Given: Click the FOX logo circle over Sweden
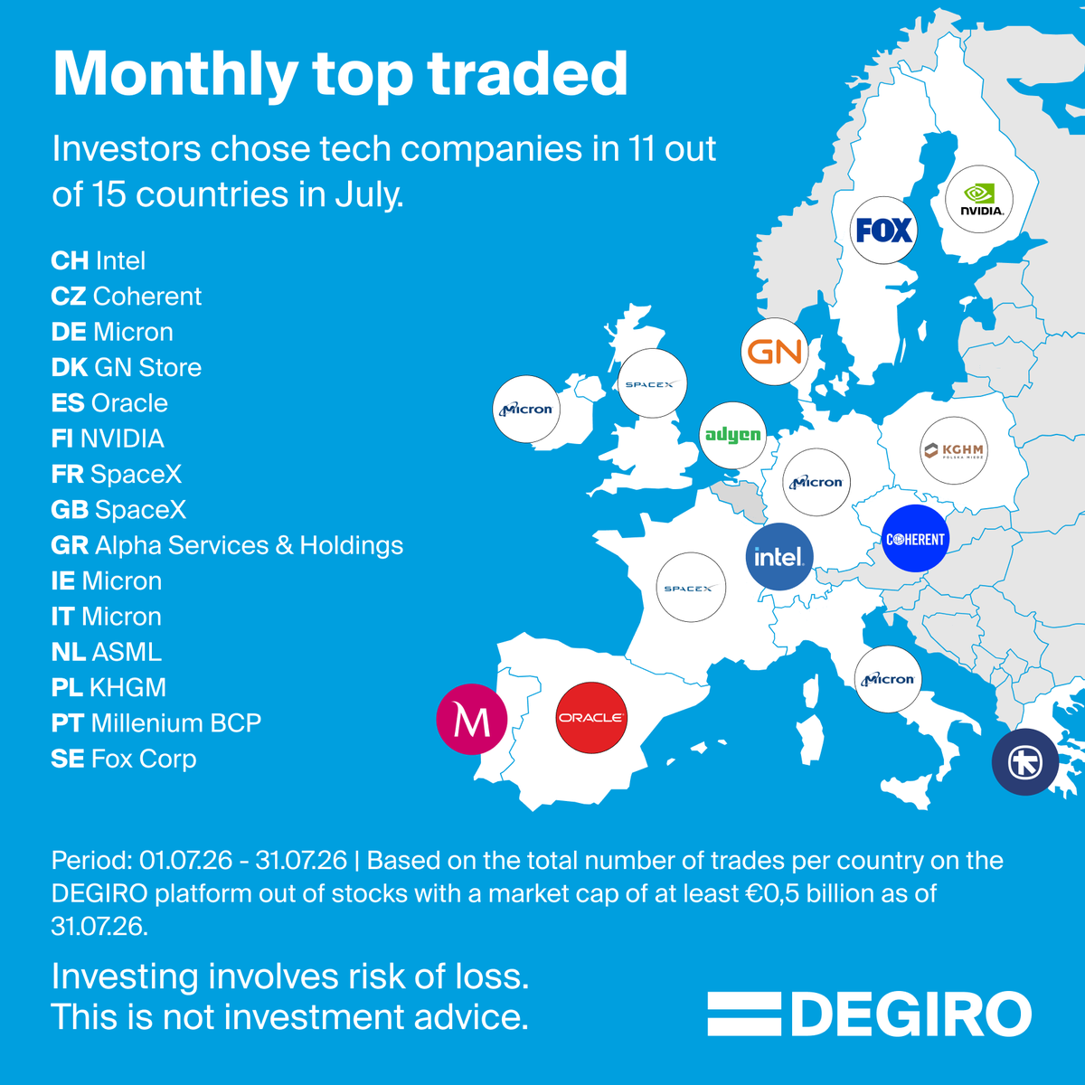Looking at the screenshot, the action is coord(883,230).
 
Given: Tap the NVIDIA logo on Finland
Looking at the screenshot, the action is coord(979,199).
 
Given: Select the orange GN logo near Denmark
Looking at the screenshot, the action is coord(774,352).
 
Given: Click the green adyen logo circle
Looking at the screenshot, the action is coord(732,435).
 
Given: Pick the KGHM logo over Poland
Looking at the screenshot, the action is coord(954,450).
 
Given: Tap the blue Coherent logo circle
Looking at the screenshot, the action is coord(915,539).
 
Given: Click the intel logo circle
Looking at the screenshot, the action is coord(779,557).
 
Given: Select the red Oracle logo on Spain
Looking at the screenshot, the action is coord(591,718).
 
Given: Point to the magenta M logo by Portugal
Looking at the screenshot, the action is coord(472,719).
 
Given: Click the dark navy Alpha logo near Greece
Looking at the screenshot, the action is coord(1025,762).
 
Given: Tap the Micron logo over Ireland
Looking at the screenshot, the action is coord(526,410).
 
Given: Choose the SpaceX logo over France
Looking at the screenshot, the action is coord(691,588).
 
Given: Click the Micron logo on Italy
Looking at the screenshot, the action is coord(888,679).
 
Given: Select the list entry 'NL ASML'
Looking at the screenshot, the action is coord(107,652).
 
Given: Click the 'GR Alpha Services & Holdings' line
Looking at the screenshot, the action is coord(228,545).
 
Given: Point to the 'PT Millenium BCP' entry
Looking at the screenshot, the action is coord(156,723).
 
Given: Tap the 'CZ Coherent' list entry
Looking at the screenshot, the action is coord(126,297).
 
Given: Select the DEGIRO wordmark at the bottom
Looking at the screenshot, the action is coord(870,1014).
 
